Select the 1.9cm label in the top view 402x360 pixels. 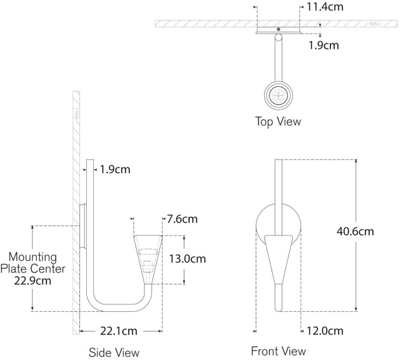point(323,45)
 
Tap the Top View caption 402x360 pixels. point(278,121)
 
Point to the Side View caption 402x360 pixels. point(114,352)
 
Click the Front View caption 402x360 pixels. point(278,350)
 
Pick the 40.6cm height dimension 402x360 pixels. point(355,232)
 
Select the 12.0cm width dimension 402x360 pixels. point(324,331)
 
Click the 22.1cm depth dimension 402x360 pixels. point(119,331)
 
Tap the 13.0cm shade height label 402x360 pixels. point(188,259)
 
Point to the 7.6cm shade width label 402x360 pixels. point(181,219)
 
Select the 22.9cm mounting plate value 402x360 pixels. point(32,281)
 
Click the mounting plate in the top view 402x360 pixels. point(278,29)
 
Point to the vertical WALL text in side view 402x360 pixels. point(77,115)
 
